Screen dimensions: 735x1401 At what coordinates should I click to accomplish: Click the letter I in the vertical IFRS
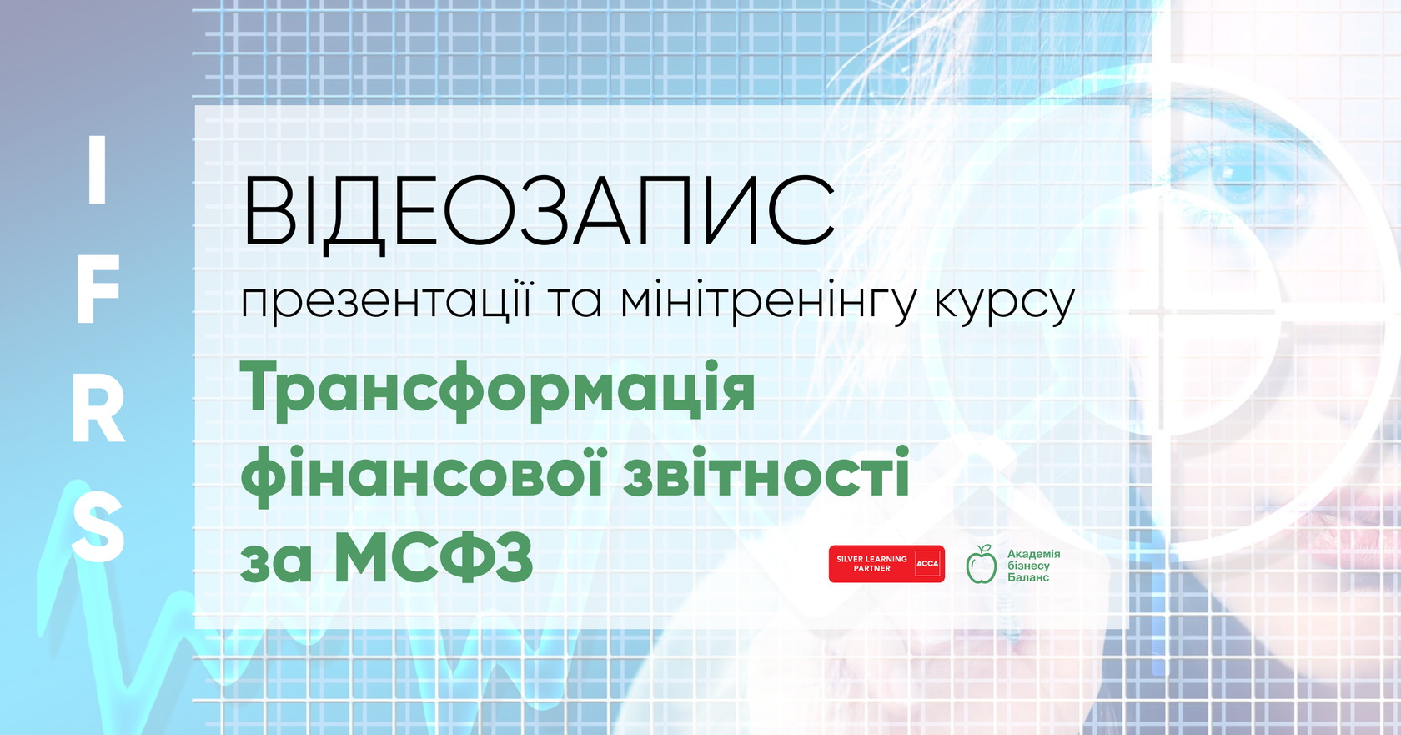(98, 170)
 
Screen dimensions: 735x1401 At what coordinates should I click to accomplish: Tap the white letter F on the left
(98, 289)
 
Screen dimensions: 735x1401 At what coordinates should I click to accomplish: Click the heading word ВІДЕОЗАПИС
(538, 212)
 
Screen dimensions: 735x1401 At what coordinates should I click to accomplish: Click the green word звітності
(766, 473)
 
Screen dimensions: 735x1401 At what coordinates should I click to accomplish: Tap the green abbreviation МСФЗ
(434, 559)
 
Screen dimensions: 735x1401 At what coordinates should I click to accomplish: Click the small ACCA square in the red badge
(927, 564)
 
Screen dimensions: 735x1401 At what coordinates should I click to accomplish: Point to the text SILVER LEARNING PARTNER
(871, 564)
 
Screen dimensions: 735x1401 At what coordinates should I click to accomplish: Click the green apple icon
(982, 565)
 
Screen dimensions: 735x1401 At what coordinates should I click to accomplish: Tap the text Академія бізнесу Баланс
(1033, 566)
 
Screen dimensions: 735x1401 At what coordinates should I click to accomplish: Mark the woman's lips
(1351, 509)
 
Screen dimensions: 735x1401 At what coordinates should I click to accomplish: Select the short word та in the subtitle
(575, 302)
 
